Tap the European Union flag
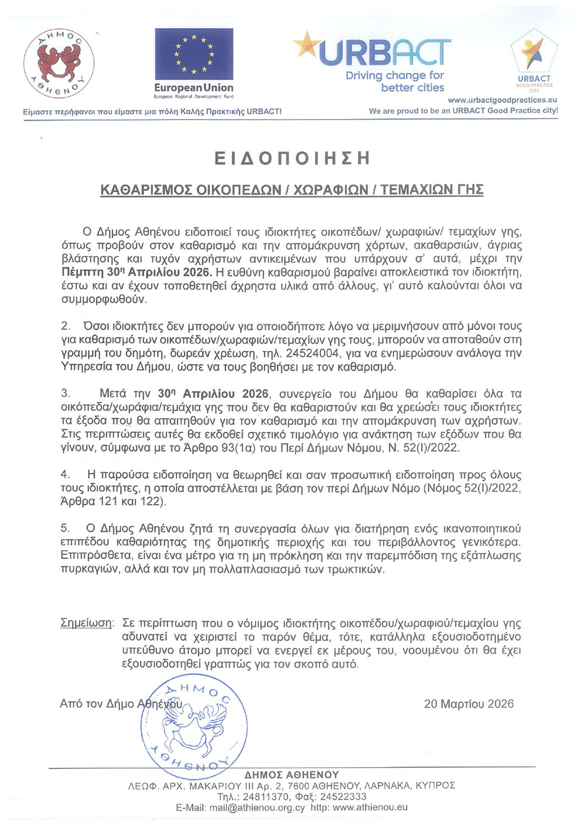(x=194, y=54)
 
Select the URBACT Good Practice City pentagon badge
(x=534, y=55)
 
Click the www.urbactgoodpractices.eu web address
(x=502, y=100)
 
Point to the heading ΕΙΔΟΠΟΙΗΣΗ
(x=292, y=159)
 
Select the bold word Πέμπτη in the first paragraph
(x=82, y=272)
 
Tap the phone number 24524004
(x=312, y=353)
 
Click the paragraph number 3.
(x=66, y=393)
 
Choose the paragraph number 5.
(x=65, y=529)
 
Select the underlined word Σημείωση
(x=86, y=623)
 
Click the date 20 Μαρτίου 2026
(x=468, y=704)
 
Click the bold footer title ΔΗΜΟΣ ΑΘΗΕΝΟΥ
(x=292, y=775)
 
